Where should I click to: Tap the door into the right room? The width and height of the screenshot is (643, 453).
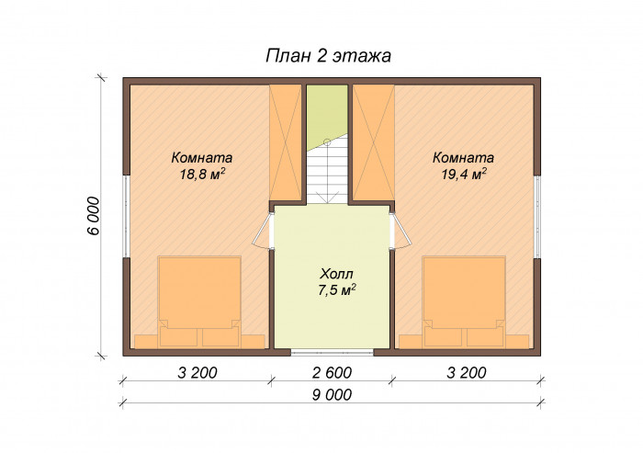pos(400,230)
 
